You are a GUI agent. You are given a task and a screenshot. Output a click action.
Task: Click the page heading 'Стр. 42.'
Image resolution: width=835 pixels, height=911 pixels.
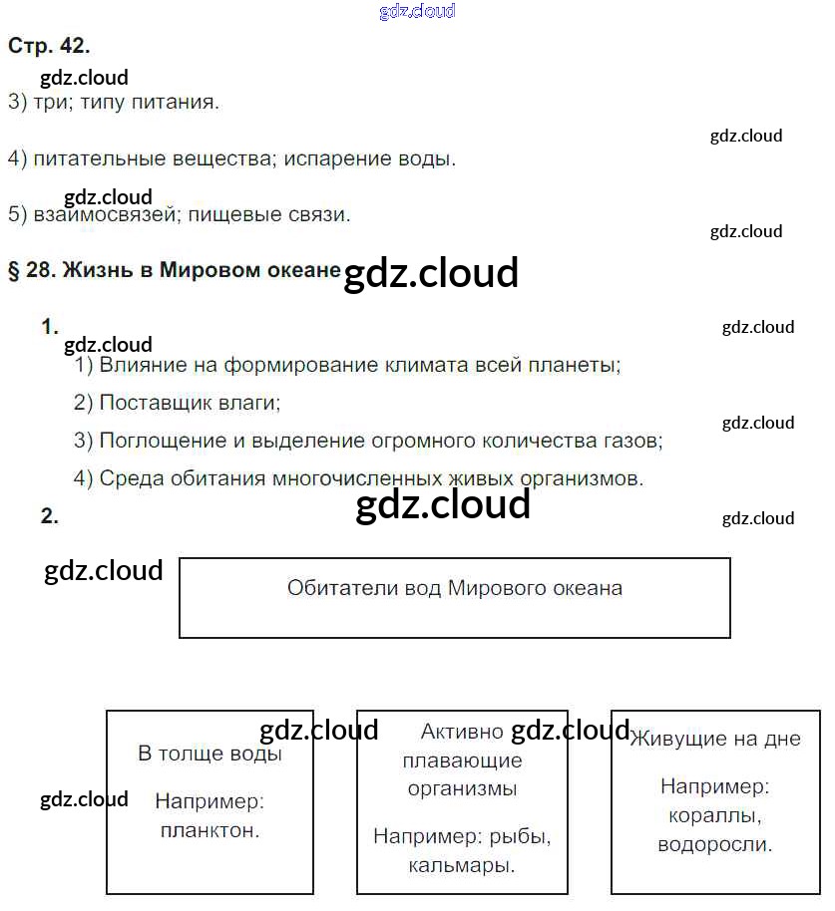click(x=49, y=45)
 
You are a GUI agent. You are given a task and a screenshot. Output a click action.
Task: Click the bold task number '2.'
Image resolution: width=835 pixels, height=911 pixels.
click(x=49, y=516)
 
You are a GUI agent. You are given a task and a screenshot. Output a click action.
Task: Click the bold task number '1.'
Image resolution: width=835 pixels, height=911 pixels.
click(x=49, y=327)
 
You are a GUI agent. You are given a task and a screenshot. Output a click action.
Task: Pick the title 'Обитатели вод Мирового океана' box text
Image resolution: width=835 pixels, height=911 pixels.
click(x=454, y=588)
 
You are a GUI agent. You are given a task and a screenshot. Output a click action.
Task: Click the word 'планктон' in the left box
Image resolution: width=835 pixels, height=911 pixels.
click(x=209, y=830)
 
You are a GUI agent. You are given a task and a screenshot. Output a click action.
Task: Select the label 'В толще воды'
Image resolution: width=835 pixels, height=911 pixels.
click(x=209, y=754)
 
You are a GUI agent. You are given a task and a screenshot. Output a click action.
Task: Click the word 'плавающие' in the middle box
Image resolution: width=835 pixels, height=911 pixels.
click(x=462, y=760)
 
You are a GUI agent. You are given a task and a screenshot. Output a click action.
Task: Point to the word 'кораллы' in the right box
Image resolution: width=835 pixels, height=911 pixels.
click(x=714, y=816)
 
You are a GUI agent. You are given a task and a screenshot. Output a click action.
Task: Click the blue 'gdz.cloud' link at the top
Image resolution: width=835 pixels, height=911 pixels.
click(x=417, y=11)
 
